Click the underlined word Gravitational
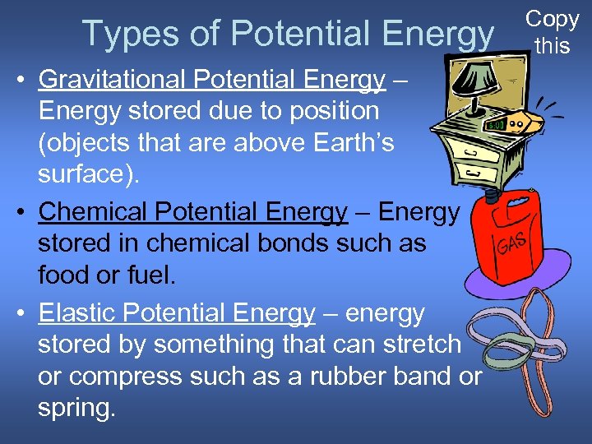pos(114,80)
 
